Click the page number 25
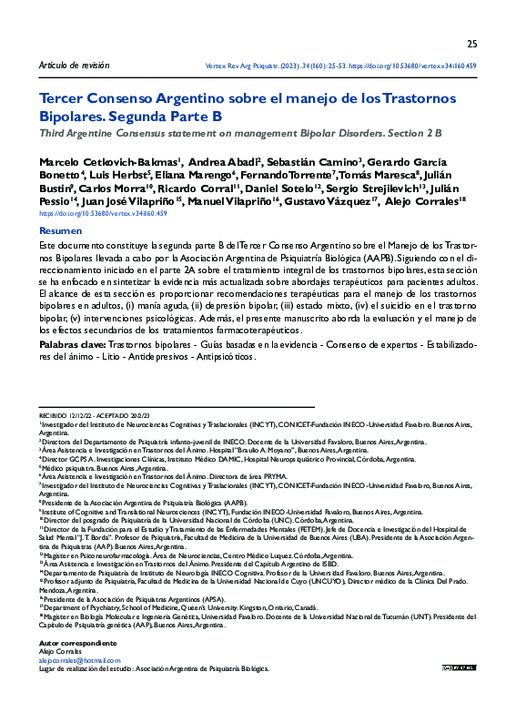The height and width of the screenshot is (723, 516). (471, 44)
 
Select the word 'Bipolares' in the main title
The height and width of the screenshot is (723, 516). (72, 117)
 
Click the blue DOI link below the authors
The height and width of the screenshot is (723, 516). (103, 213)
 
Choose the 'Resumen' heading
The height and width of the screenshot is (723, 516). (60, 232)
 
